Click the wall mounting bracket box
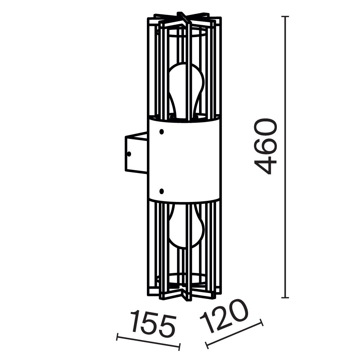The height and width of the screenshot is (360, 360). pyautogui.click(x=136, y=153)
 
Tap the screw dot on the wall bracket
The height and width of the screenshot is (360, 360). pyautogui.click(x=129, y=153)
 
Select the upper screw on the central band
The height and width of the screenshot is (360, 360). pyautogui.click(x=162, y=132)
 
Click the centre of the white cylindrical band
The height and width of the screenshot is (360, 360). pyautogui.click(x=184, y=160)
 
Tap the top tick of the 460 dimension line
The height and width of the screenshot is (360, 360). pyautogui.click(x=285, y=17)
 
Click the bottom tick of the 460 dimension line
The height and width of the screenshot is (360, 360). pyautogui.click(x=285, y=298)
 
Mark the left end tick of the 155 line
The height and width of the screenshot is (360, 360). pyautogui.click(x=118, y=338)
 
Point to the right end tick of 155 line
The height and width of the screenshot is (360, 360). pyautogui.click(x=179, y=347)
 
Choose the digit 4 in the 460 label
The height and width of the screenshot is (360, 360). pyautogui.click(x=266, y=164)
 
